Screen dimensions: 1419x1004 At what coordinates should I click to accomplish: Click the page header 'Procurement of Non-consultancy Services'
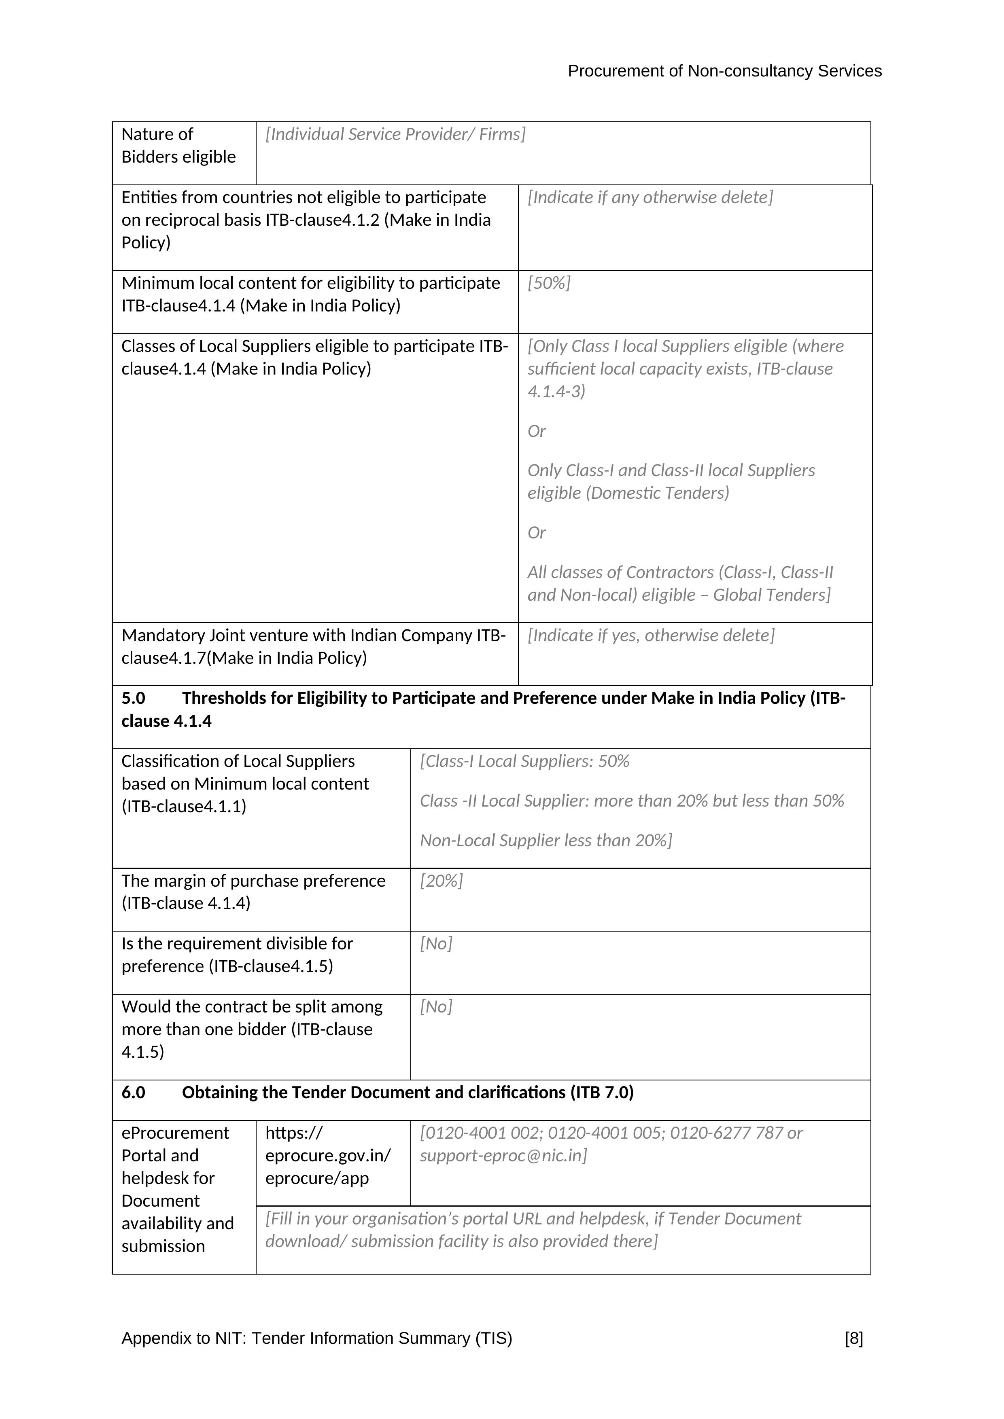click(x=724, y=72)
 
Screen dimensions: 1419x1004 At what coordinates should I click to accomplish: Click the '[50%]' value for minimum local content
click(x=549, y=283)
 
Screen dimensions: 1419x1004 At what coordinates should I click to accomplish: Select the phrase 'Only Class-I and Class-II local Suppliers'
click(x=671, y=470)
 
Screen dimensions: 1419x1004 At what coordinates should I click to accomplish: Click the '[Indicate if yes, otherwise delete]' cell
click(x=650, y=635)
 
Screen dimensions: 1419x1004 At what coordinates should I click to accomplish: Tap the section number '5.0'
click(x=133, y=698)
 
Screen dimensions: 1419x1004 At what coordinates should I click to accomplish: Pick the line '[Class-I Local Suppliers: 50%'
click(x=524, y=761)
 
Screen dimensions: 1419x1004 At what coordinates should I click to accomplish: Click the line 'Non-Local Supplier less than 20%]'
click(x=546, y=841)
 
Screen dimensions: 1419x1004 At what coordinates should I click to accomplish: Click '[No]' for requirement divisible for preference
click(x=436, y=944)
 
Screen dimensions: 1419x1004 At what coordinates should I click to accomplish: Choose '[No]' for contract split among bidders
click(x=436, y=1007)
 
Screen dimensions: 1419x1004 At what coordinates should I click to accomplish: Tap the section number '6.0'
click(x=133, y=1093)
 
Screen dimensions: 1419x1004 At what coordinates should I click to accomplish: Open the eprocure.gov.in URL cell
click(x=328, y=1155)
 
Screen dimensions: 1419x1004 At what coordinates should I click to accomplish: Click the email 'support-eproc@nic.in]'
click(x=503, y=1156)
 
